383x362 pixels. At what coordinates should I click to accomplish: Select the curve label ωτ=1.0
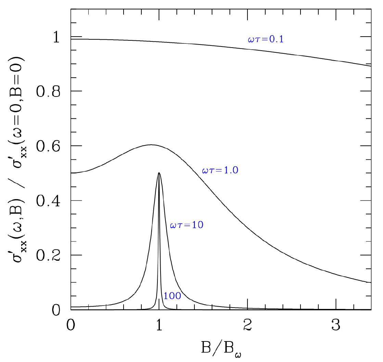click(x=220, y=170)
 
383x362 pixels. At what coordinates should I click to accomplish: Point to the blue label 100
click(x=172, y=296)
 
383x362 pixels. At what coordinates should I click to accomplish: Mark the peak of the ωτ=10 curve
click(x=159, y=173)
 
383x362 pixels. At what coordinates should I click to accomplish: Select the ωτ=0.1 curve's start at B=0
click(x=71, y=39)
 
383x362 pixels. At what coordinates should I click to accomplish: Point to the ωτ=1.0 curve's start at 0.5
click(x=71, y=173)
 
